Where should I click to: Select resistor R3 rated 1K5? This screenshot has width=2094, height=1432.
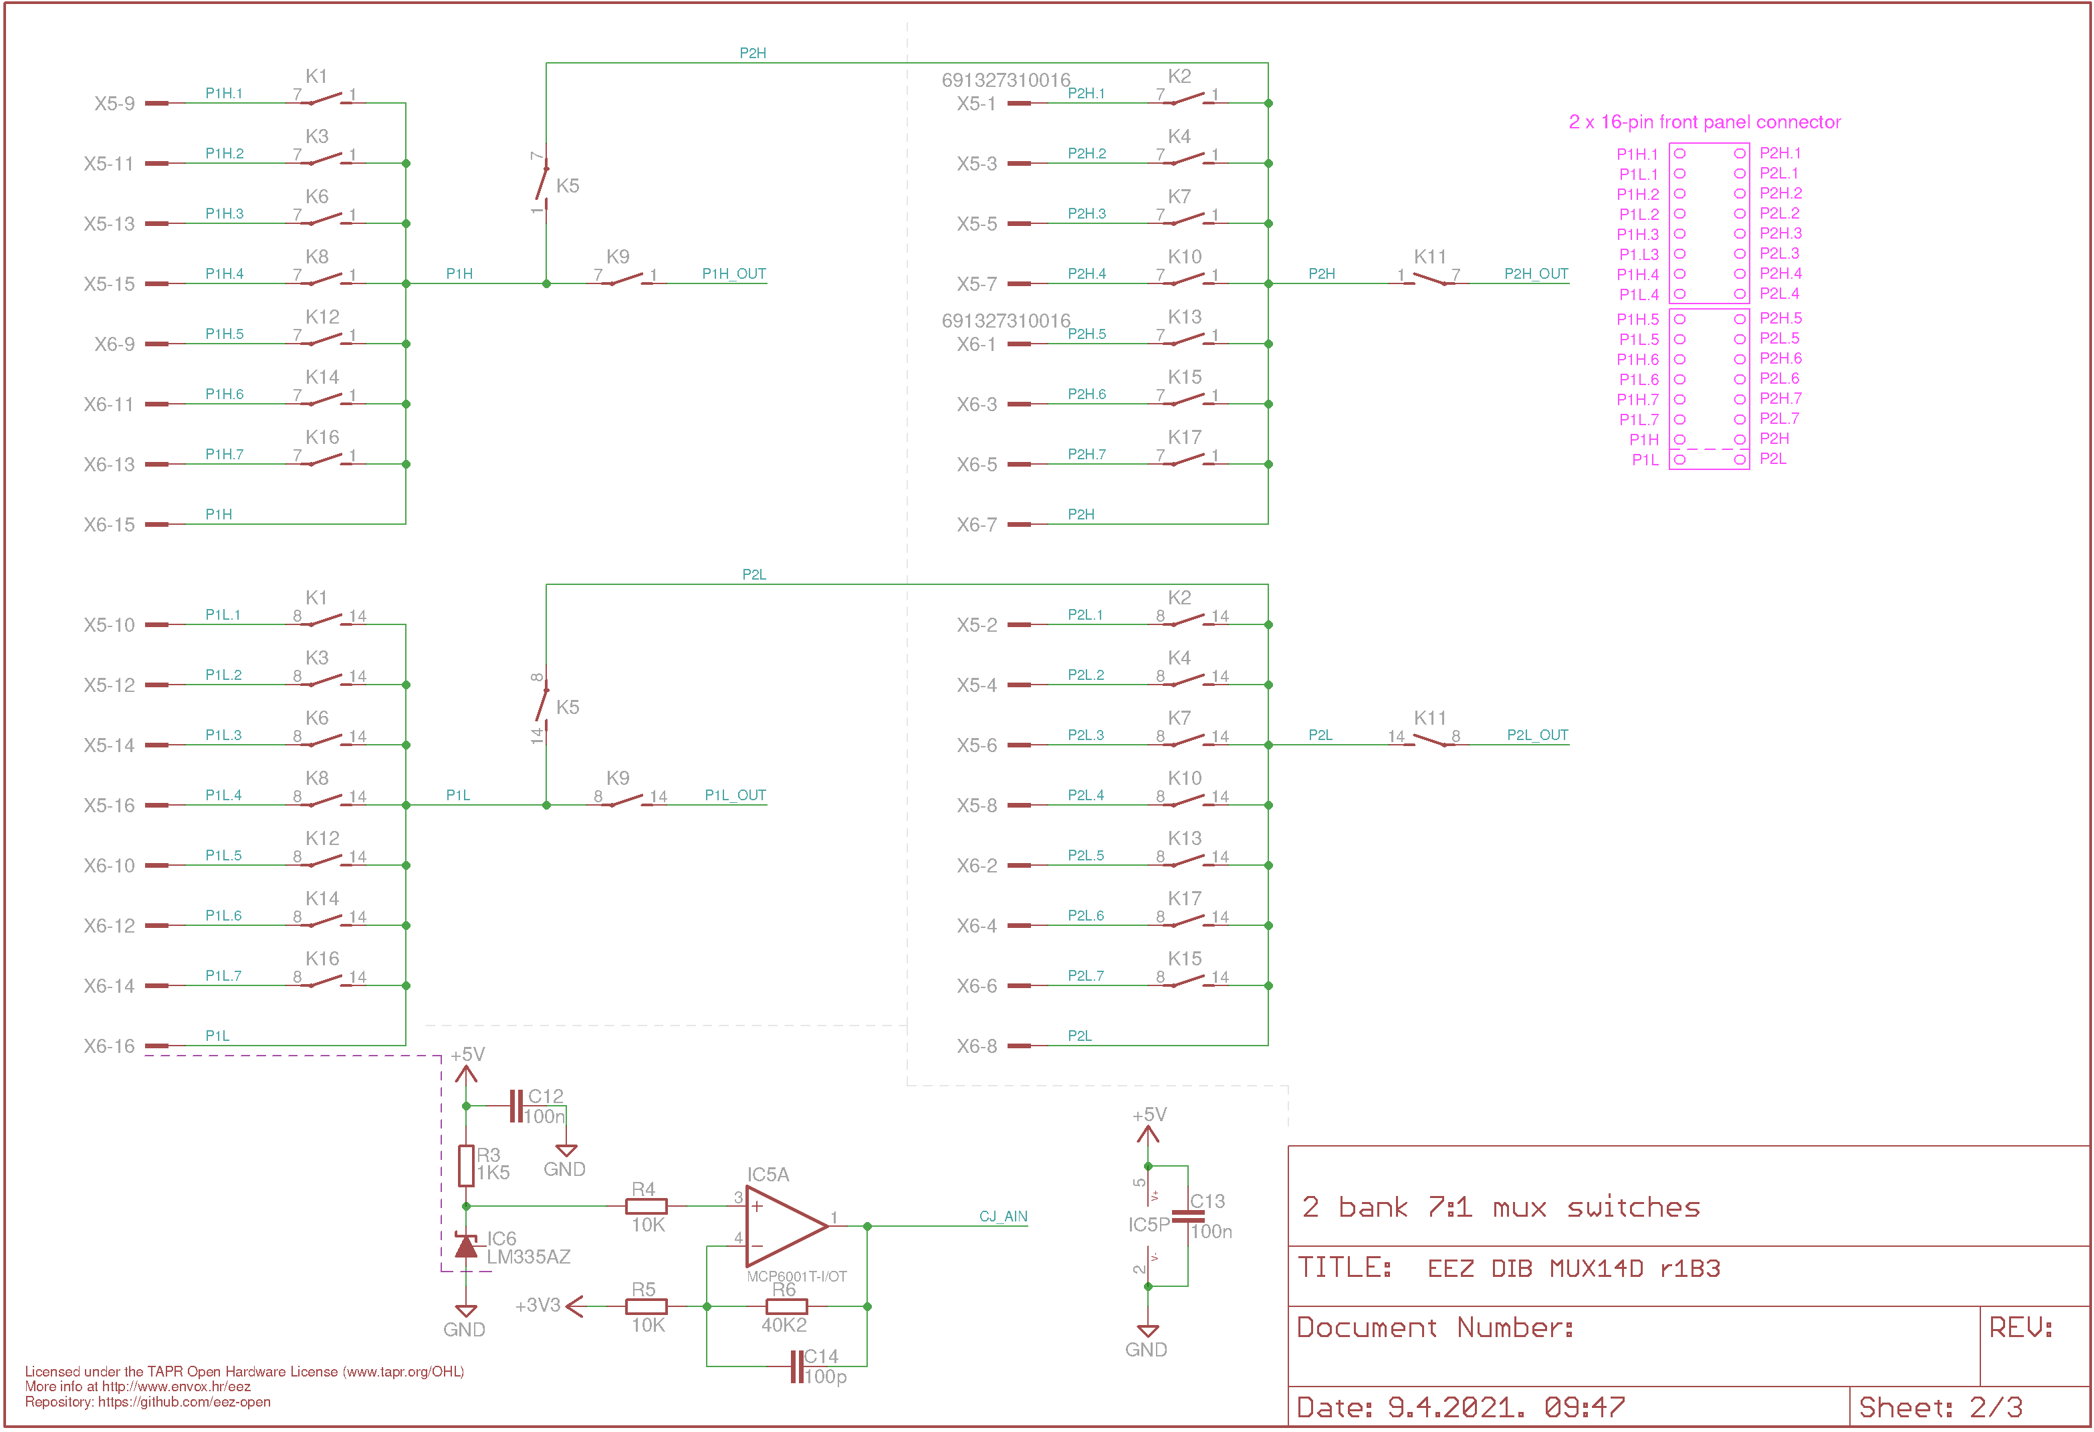[466, 1165]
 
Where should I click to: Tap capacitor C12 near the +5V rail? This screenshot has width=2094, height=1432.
[516, 1106]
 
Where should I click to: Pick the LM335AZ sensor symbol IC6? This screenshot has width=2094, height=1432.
[466, 1246]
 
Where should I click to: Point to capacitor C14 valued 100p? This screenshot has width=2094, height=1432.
[796, 1366]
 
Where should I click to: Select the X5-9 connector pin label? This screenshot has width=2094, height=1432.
[114, 104]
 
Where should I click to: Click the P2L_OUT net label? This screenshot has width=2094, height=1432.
[1537, 735]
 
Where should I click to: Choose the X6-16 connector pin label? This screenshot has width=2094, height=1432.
[109, 1046]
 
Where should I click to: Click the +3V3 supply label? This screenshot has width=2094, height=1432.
[538, 1305]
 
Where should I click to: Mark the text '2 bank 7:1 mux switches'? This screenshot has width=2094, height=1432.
[1500, 1207]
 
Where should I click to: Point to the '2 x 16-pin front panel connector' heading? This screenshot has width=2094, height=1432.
[1705, 122]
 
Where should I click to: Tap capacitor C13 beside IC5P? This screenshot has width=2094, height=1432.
[1187, 1215]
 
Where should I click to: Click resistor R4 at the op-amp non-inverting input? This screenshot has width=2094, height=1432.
[646, 1206]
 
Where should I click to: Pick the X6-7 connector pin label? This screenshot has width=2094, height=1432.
[977, 525]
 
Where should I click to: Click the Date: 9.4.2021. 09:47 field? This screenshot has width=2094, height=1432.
[1461, 1407]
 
